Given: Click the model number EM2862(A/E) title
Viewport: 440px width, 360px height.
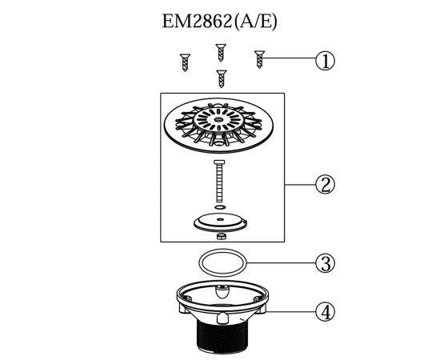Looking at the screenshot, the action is point(220,22).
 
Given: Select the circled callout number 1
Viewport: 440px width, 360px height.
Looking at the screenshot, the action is point(326,61).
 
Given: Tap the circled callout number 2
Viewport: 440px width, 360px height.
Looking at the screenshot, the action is point(326,185).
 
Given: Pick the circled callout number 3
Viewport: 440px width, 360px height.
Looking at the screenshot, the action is point(326,263).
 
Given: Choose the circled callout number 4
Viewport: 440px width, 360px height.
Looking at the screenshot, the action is point(326,312).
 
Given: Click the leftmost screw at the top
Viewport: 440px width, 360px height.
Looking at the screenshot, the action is point(185,62).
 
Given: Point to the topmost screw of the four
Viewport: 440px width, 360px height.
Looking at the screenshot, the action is point(221,53).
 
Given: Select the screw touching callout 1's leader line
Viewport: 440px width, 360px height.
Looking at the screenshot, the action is point(259,59).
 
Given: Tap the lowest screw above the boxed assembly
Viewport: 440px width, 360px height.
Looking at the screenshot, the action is point(222,78).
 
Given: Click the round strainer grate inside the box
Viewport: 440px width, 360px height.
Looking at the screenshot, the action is point(218,125).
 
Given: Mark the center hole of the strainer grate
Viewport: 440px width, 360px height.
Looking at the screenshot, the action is point(218,120).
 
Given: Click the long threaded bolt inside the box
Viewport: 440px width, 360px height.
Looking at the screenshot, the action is point(219,181).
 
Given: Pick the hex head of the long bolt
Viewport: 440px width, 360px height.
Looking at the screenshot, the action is point(219,162).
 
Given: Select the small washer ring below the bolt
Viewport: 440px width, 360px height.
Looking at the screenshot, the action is point(220,207).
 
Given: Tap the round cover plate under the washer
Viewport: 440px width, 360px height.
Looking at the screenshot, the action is point(220,222).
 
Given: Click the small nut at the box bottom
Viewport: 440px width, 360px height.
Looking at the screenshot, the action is point(222,236).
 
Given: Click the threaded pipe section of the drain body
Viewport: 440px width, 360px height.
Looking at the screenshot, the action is point(222,334).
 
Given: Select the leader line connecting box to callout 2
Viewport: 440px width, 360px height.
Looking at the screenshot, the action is point(300,185).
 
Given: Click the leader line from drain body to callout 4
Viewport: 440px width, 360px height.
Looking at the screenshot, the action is point(290,312).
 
